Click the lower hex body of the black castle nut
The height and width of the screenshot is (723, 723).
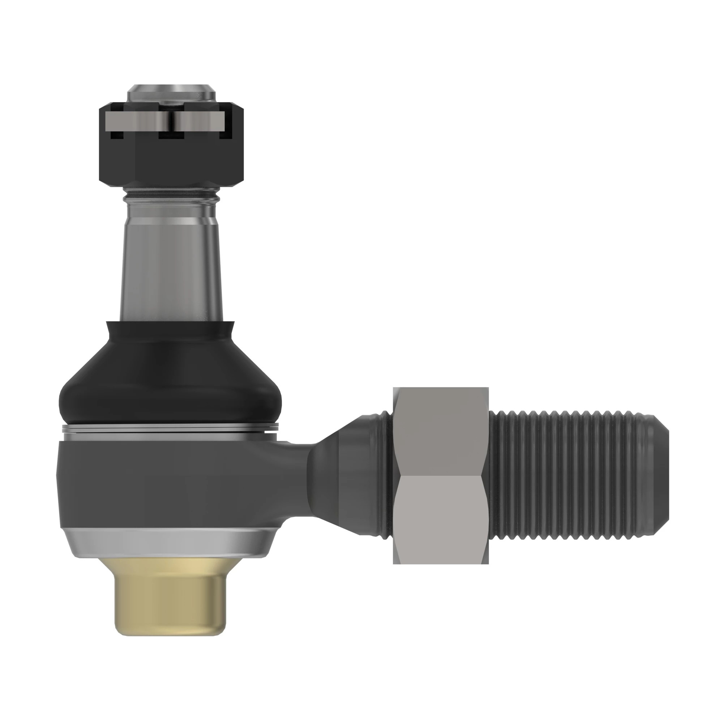click(171, 164)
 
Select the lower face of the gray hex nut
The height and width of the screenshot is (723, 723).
click(440, 520)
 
